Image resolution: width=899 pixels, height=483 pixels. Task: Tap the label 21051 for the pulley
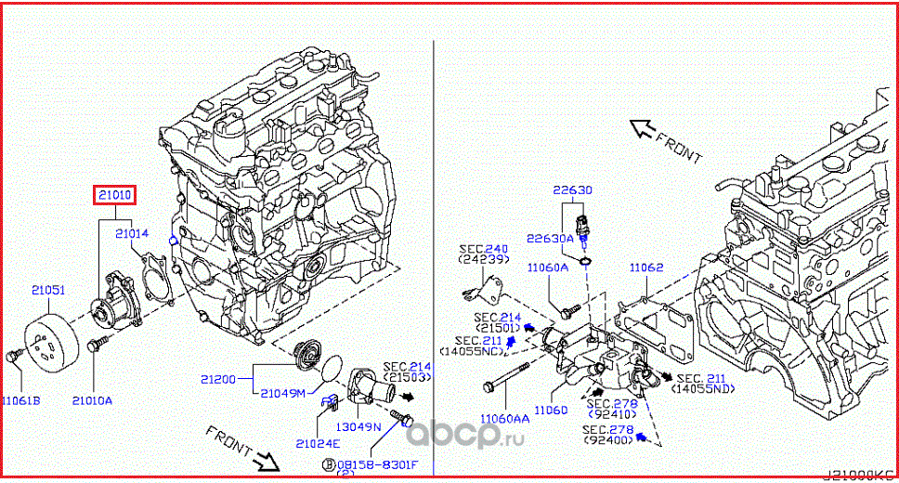(x=48, y=291)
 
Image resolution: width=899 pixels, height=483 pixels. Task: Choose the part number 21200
(x=218, y=379)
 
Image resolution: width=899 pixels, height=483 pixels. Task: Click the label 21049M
(x=282, y=393)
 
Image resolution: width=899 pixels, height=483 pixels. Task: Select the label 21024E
(x=318, y=442)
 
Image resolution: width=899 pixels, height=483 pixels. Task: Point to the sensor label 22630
(x=572, y=189)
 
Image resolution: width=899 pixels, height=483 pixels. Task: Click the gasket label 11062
(x=645, y=268)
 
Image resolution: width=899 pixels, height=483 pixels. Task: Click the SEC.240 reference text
(x=481, y=249)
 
